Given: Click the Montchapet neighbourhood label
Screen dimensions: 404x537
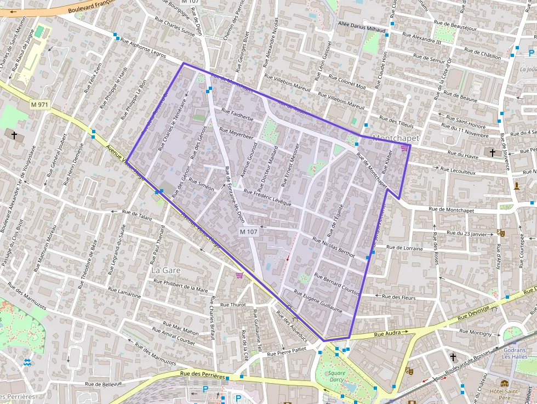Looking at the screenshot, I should point(395,139).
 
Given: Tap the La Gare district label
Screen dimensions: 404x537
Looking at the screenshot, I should point(165,270).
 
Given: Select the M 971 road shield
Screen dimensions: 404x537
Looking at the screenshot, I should point(40,104).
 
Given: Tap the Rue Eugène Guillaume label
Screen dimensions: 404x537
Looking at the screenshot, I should point(318,301).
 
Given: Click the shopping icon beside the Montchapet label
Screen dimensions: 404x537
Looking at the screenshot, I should point(404,148).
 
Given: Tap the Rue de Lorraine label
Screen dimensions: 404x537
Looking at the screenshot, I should point(404,248).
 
